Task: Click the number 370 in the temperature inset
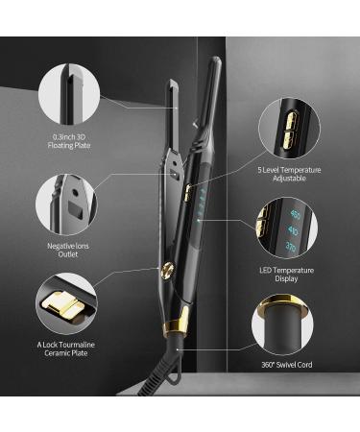(x=293, y=247)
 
